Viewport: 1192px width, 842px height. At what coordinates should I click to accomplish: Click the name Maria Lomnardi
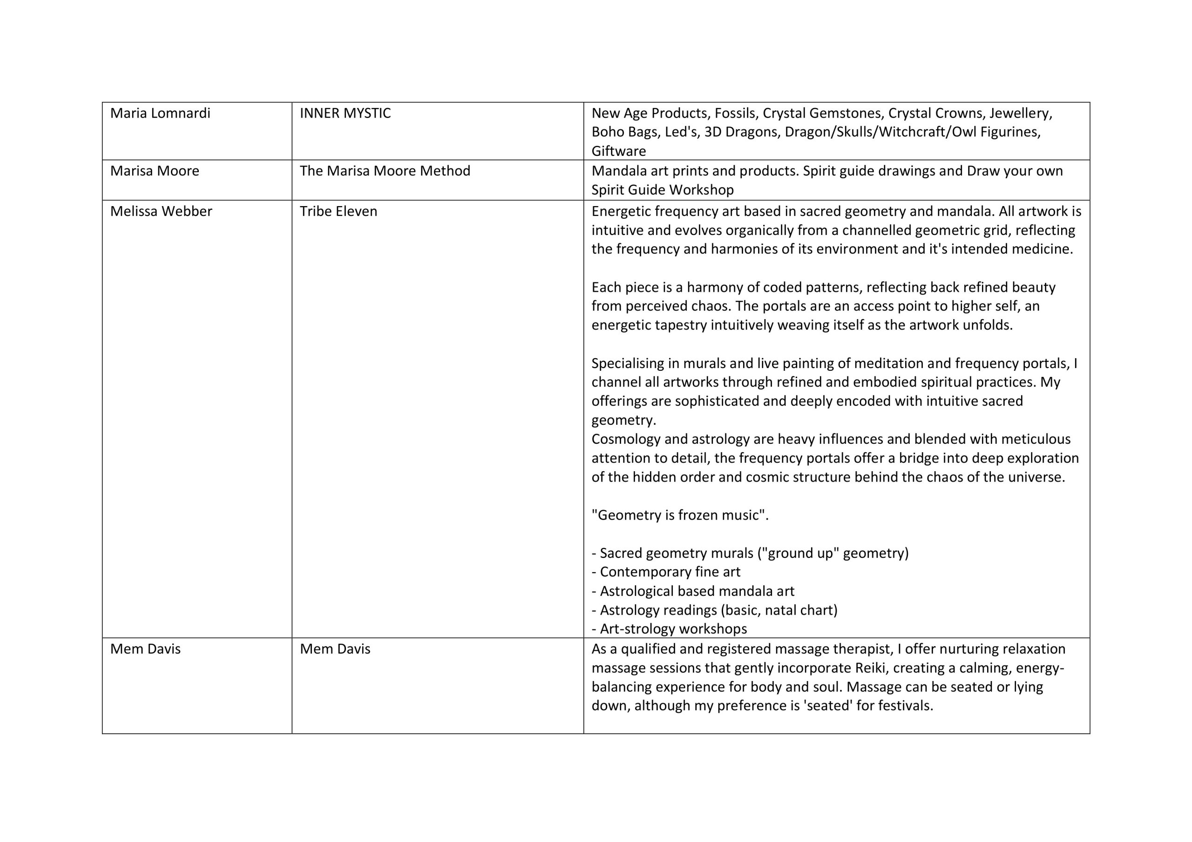click(160, 113)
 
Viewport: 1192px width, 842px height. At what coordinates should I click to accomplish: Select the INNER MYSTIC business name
click(345, 113)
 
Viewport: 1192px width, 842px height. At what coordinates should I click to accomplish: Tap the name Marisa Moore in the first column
click(154, 171)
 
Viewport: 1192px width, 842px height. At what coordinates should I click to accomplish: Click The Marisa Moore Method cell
click(385, 171)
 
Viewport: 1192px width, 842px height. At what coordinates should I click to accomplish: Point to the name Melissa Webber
click(161, 211)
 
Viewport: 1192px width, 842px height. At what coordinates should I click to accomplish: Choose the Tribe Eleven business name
click(338, 211)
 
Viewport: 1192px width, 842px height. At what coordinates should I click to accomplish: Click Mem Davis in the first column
click(145, 649)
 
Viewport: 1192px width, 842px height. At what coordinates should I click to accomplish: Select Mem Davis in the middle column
click(335, 649)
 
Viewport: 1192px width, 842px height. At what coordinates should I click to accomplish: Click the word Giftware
click(618, 152)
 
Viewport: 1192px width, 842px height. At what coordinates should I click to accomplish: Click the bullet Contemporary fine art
click(670, 572)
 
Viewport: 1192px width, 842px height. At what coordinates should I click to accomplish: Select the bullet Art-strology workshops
click(673, 629)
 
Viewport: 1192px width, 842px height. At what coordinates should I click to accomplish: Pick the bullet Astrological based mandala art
click(697, 591)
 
